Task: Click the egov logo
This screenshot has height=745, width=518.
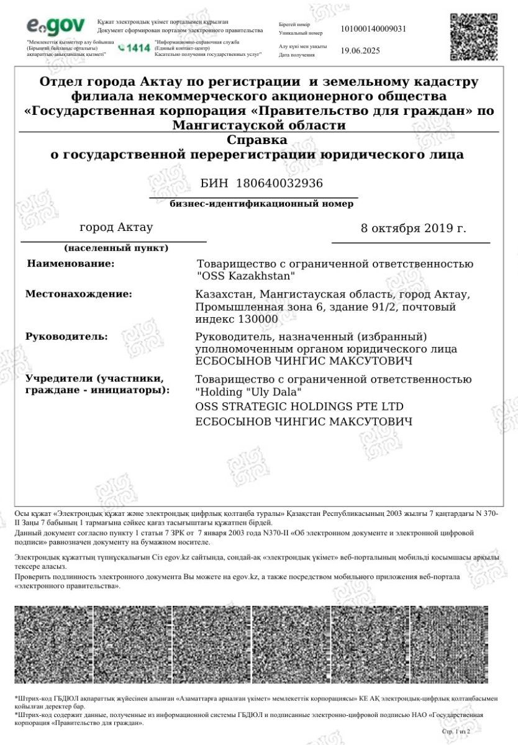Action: point(56,27)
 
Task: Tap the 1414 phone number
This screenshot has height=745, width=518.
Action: point(134,47)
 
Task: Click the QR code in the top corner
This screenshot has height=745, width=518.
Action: point(475,37)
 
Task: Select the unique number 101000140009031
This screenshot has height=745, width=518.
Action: point(374,29)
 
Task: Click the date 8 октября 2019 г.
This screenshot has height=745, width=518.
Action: point(413,228)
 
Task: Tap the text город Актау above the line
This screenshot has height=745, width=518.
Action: point(116,227)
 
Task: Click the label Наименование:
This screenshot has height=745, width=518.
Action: point(71,264)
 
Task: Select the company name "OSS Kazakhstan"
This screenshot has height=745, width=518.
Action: point(245,275)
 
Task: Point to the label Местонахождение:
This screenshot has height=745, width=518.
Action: point(78,294)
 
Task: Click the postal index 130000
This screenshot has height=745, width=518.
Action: point(258,319)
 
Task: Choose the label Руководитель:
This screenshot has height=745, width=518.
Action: point(66,336)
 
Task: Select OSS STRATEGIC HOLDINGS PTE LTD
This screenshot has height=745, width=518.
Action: point(299,407)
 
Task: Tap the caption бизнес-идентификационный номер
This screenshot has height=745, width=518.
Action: point(261,204)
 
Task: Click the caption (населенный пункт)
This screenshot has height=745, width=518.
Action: point(116,248)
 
